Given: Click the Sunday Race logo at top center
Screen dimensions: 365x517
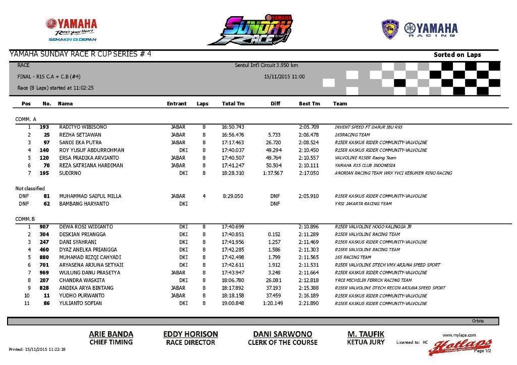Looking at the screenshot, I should tap(256, 30).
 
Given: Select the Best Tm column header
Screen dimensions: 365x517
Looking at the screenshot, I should tap(309, 103).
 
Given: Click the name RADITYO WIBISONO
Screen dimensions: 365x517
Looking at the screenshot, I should tap(83, 127).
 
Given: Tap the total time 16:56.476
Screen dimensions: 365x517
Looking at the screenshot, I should tap(233, 135).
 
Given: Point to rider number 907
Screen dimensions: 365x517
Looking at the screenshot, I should tap(44, 227).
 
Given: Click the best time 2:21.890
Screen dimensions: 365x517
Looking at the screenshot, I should tap(308, 303).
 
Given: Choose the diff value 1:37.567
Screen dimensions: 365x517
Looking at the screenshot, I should tap(273, 173).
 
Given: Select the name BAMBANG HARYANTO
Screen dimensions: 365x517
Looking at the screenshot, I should tap(84, 204).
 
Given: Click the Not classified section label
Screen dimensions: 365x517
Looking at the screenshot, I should tap(30, 189).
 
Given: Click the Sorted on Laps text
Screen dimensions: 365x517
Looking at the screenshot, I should tap(457, 54).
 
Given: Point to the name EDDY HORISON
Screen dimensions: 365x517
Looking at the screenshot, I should tap(190, 334).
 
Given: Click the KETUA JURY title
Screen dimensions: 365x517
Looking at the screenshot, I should tap(366, 342).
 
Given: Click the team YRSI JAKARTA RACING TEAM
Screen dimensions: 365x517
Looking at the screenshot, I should tap(363, 204).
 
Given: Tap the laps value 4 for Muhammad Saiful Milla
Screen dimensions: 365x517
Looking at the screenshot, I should tap(204, 196).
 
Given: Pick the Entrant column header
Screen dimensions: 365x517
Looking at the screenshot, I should tap(177, 103).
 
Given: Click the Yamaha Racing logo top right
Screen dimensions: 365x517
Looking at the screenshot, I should tap(420, 29).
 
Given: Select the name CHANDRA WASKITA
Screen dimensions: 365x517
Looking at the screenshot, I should tap(82, 280).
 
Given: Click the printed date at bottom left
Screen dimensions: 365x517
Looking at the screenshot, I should tap(37, 349).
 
